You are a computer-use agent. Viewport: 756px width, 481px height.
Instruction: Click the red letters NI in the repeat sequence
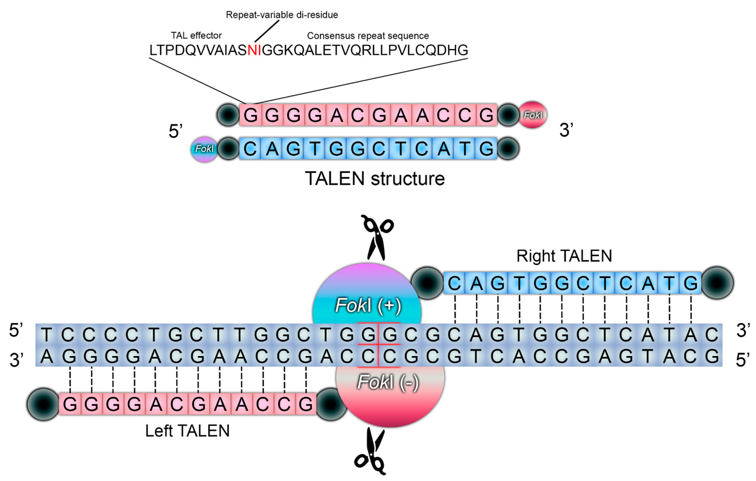coord(254,50)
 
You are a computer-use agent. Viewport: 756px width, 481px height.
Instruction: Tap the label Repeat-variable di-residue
coord(282,15)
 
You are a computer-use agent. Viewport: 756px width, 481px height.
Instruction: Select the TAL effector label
coord(196,35)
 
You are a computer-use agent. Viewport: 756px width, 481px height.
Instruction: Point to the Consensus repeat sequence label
coord(368,36)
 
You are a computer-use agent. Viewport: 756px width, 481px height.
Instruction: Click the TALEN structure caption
coord(375,179)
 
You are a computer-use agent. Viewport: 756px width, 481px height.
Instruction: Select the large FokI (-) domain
coord(389,392)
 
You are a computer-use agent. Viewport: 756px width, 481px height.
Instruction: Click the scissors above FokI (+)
coord(377,237)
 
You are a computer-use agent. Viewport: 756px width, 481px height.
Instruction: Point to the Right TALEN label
coord(564,256)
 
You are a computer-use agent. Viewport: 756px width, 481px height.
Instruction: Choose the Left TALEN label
coord(187,431)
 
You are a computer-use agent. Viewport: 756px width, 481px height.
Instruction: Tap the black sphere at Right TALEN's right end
coord(717,283)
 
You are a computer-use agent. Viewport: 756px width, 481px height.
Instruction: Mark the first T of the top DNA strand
coord(46,335)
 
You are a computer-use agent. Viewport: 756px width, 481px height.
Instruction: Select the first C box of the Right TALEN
coord(454,283)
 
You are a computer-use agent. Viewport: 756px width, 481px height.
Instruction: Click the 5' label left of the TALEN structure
coord(176,131)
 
